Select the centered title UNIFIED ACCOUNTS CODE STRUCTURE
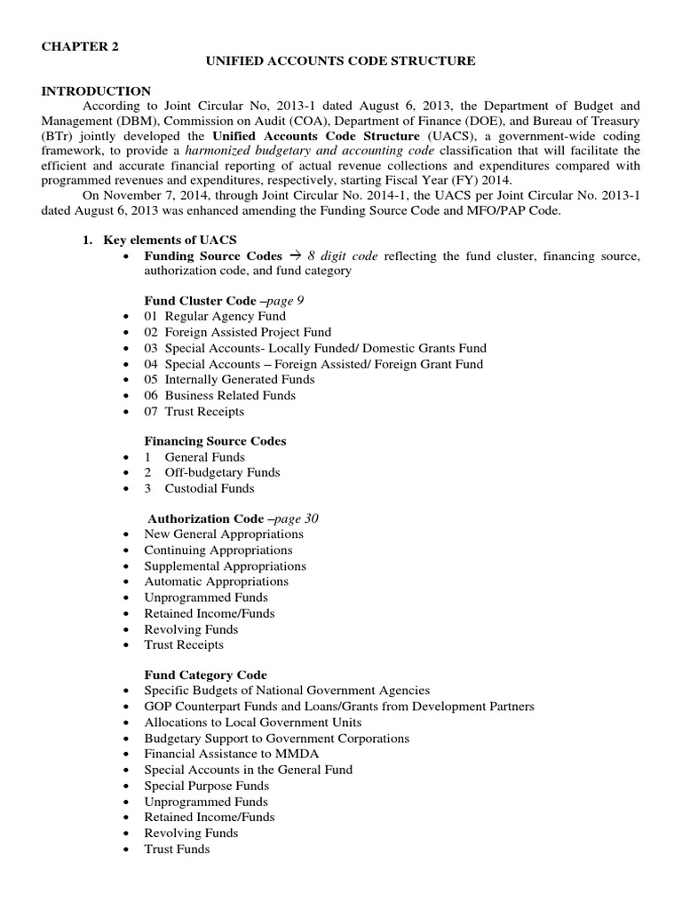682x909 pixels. [341, 60]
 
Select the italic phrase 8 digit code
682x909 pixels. [342, 256]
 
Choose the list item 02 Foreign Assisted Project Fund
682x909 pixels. [237, 332]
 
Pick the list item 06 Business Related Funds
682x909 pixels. [219, 395]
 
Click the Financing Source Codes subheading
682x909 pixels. [215, 440]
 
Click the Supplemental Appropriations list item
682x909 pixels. [225, 565]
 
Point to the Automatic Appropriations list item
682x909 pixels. [216, 581]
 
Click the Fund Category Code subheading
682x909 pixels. [205, 675]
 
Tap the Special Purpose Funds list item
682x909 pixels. [206, 786]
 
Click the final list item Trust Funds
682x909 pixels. [177, 850]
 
